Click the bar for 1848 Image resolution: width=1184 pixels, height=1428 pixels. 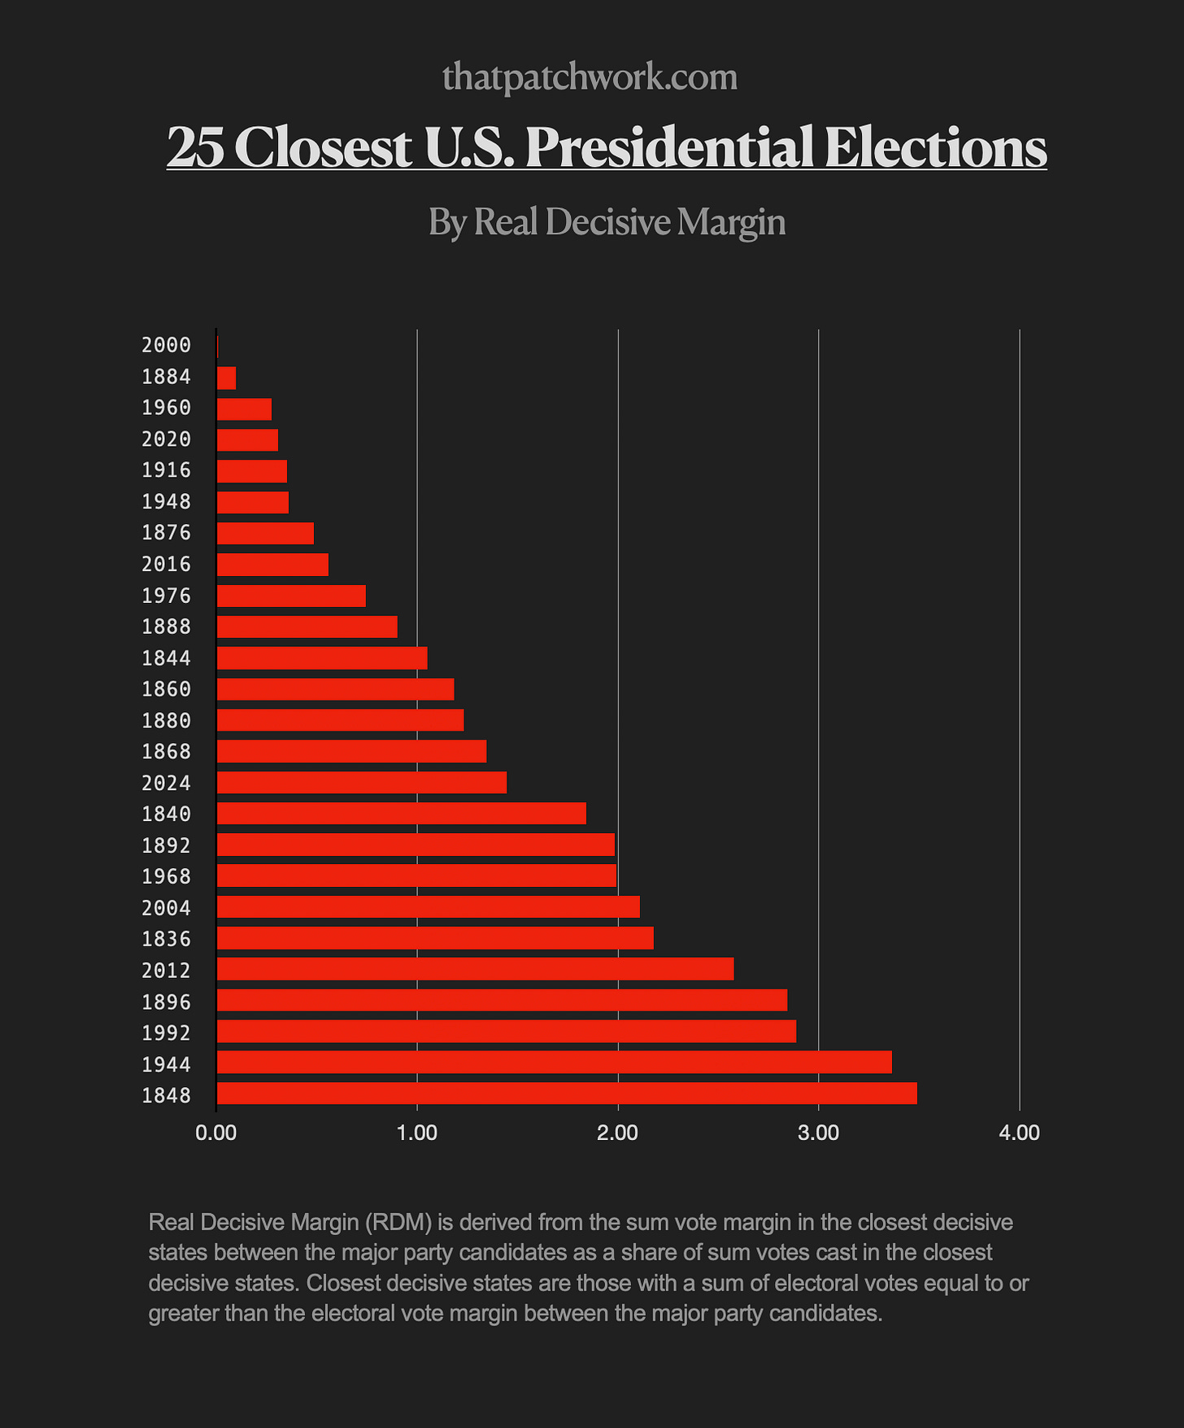(x=567, y=1094)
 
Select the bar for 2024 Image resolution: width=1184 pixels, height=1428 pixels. (x=362, y=782)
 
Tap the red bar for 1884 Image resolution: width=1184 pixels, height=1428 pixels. (x=226, y=378)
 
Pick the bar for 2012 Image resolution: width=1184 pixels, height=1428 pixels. (x=475, y=969)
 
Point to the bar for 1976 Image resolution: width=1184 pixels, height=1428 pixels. (x=291, y=596)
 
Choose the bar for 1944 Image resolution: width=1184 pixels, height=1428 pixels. (x=554, y=1063)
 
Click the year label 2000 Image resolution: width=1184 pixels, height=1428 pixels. (x=166, y=345)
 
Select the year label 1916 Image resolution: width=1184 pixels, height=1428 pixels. (x=166, y=470)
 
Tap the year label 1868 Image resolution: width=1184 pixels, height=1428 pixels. (x=166, y=751)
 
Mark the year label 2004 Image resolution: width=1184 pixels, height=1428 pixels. (x=166, y=907)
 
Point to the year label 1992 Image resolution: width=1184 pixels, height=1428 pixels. (x=166, y=1033)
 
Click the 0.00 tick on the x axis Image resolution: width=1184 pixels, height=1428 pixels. (x=216, y=1133)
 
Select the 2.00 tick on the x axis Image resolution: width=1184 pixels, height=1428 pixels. (x=618, y=1133)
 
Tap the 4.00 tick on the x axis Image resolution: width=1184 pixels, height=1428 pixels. (x=1019, y=1133)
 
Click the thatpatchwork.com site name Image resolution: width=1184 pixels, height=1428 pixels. (x=590, y=77)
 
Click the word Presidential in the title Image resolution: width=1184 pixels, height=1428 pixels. (x=668, y=147)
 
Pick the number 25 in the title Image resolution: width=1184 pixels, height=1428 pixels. (x=195, y=147)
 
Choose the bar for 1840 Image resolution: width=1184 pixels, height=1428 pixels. (x=401, y=813)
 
